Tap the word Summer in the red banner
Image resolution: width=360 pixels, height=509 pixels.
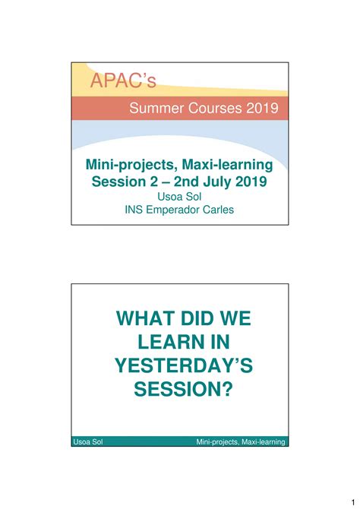coord(156,109)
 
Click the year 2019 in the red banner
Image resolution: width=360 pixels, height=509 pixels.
coord(263,109)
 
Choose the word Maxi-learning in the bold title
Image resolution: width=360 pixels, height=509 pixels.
coord(226,165)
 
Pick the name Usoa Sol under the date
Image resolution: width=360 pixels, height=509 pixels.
coord(179,197)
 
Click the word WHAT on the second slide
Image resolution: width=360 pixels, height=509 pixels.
coord(144,317)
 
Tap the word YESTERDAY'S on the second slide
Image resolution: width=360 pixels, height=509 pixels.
coord(179,365)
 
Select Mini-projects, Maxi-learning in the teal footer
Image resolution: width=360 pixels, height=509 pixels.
coord(241,441)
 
